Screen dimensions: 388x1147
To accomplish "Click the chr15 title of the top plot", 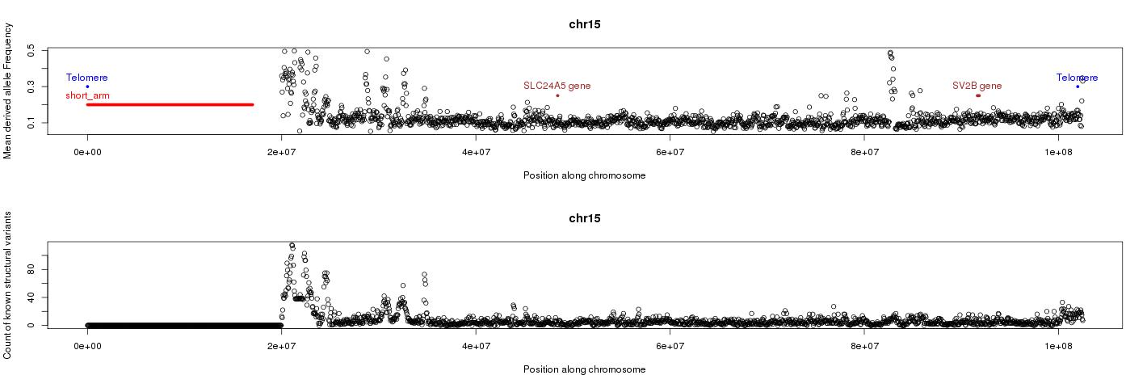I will tap(584, 24).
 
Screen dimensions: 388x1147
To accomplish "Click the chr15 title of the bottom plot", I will tap(584, 218).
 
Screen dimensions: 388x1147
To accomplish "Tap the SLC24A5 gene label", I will tap(557, 86).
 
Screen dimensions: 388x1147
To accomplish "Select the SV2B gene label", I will tap(977, 86).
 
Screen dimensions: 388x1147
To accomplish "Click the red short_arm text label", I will tap(87, 95).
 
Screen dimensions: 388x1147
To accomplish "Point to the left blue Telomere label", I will tap(86, 78).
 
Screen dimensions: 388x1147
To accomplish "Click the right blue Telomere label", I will tap(1077, 78).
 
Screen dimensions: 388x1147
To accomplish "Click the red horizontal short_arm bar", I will tap(170, 104).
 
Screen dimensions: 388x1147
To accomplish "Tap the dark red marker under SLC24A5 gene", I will tap(557, 95).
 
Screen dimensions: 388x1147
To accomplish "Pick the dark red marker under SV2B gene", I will tap(978, 95).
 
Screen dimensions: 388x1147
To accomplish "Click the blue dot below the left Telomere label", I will tap(87, 86).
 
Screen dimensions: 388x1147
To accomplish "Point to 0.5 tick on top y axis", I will tap(32, 50).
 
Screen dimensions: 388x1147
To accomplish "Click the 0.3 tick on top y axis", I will tap(32, 86).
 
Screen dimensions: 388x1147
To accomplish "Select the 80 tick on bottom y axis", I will tap(32, 269).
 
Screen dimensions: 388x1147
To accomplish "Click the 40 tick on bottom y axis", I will tap(32, 297).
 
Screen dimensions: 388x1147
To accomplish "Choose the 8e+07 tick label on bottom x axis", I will tap(864, 345).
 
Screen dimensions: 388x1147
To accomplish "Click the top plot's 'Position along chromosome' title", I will tap(584, 175).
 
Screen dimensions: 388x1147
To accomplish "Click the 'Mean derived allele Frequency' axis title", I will tap(8, 91).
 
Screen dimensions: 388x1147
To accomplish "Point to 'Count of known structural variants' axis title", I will tap(8, 285).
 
